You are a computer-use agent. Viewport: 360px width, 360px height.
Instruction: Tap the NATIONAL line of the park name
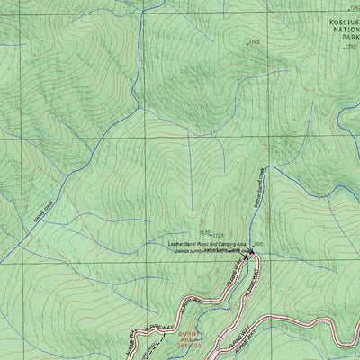pos(340,28)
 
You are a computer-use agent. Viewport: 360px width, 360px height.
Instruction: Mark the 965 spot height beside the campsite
pos(259,242)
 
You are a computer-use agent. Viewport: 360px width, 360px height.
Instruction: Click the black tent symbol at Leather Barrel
pos(248,256)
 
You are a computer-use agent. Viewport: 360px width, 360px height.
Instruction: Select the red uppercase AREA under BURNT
pos(187,339)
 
